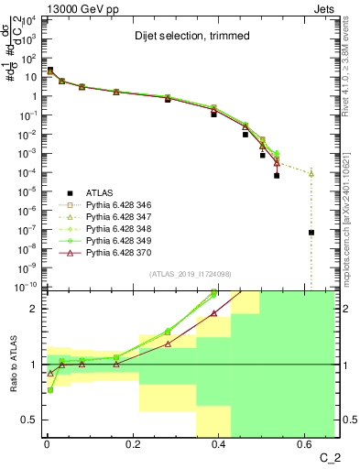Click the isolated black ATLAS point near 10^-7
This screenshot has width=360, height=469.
pyautogui.click(x=311, y=233)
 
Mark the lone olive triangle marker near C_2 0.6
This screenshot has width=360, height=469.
pyautogui.click(x=311, y=173)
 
